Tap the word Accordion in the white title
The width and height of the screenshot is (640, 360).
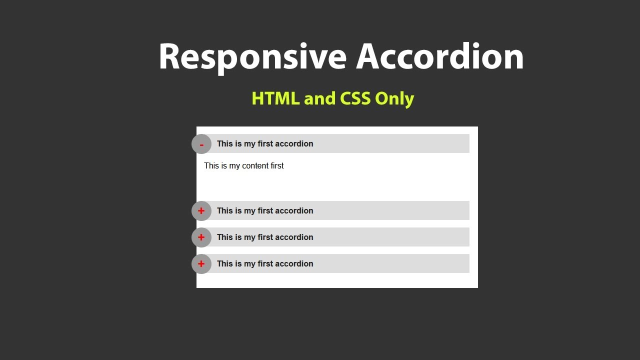[439, 56]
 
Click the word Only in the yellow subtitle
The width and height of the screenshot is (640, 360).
[394, 98]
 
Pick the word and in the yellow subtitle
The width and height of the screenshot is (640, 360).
[320, 98]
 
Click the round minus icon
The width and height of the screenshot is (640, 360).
[201, 144]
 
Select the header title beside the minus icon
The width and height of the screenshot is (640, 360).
[265, 144]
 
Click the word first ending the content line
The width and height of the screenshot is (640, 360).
[277, 166]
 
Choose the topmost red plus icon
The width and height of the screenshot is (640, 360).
[201, 211]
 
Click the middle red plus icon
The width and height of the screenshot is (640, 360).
[201, 237]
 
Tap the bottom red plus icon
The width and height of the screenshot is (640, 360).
[201, 264]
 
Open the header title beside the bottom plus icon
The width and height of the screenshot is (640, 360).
[265, 264]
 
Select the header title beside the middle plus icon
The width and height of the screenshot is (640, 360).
[265, 237]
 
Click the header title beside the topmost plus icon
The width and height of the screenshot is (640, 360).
[265, 211]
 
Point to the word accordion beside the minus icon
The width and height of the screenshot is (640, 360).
[294, 144]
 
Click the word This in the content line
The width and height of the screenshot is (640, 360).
[211, 166]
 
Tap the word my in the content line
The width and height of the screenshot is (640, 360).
[234, 166]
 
